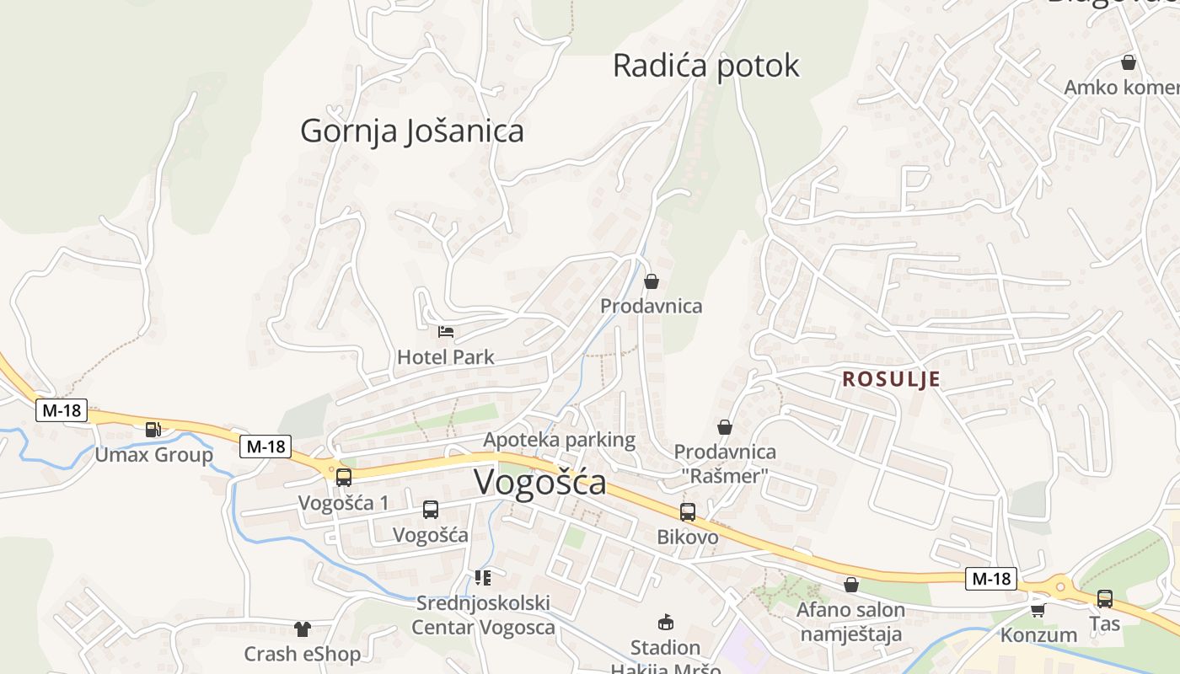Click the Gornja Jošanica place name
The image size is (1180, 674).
[x=411, y=131]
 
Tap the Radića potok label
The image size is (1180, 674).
[x=705, y=66]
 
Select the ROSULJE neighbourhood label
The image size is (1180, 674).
[x=891, y=379]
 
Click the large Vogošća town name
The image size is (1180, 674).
[x=539, y=482]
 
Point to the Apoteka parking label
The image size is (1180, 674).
[x=559, y=439]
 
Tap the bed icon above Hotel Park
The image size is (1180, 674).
[x=446, y=332]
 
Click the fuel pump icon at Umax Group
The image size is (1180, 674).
[x=153, y=430]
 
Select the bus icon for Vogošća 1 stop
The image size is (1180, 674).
[x=343, y=478]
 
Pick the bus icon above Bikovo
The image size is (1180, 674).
[x=688, y=511]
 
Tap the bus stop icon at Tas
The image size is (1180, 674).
[x=1104, y=599]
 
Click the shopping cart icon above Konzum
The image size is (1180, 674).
[x=1038, y=609]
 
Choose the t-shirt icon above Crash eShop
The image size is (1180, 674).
[x=302, y=629]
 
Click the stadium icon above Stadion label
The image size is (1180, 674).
[x=666, y=623]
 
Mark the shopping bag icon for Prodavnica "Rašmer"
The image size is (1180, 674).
[x=724, y=427]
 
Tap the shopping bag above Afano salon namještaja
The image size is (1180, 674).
[x=851, y=585]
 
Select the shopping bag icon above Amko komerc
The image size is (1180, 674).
[x=1128, y=62]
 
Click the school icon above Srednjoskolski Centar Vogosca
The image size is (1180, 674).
[x=483, y=578]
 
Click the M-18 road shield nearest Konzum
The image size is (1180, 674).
[x=992, y=579]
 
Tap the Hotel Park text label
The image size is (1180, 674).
[x=446, y=357]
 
